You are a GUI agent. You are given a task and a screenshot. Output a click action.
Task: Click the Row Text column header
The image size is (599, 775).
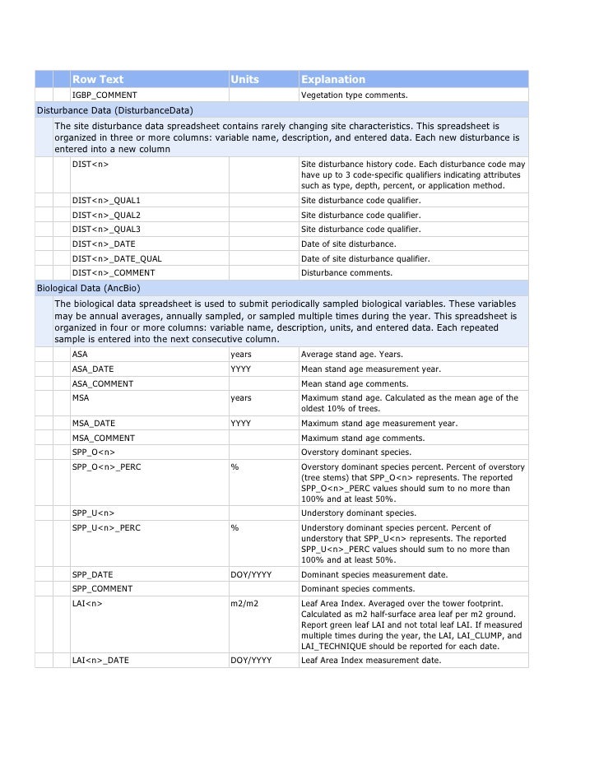98,80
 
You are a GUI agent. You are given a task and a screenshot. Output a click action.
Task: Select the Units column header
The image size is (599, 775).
244,80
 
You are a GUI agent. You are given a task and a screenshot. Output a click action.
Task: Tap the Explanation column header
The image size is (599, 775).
332,80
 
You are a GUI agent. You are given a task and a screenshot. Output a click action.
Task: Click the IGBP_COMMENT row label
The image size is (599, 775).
104,95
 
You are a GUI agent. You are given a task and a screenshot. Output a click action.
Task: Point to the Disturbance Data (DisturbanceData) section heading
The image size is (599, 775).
115,110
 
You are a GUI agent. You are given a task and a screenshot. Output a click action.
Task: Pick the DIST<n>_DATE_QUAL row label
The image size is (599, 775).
117,258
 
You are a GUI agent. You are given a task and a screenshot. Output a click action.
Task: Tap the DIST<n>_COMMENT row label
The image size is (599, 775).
113,272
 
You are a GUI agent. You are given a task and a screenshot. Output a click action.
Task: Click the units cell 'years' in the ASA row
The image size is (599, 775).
241,355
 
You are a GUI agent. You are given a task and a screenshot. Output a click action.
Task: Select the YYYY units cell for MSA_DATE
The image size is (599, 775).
240,423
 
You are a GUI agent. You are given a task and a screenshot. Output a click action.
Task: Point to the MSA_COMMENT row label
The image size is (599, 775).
103,438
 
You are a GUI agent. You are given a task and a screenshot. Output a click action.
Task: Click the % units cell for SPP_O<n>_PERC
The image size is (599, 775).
234,466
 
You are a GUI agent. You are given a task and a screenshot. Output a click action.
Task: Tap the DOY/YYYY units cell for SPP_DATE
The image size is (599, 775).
251,574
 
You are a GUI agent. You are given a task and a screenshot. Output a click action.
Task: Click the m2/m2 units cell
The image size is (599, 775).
244,603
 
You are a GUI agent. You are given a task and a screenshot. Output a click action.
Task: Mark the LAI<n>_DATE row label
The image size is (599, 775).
100,660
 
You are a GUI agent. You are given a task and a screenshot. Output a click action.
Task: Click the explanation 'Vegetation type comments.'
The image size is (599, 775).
354,95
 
